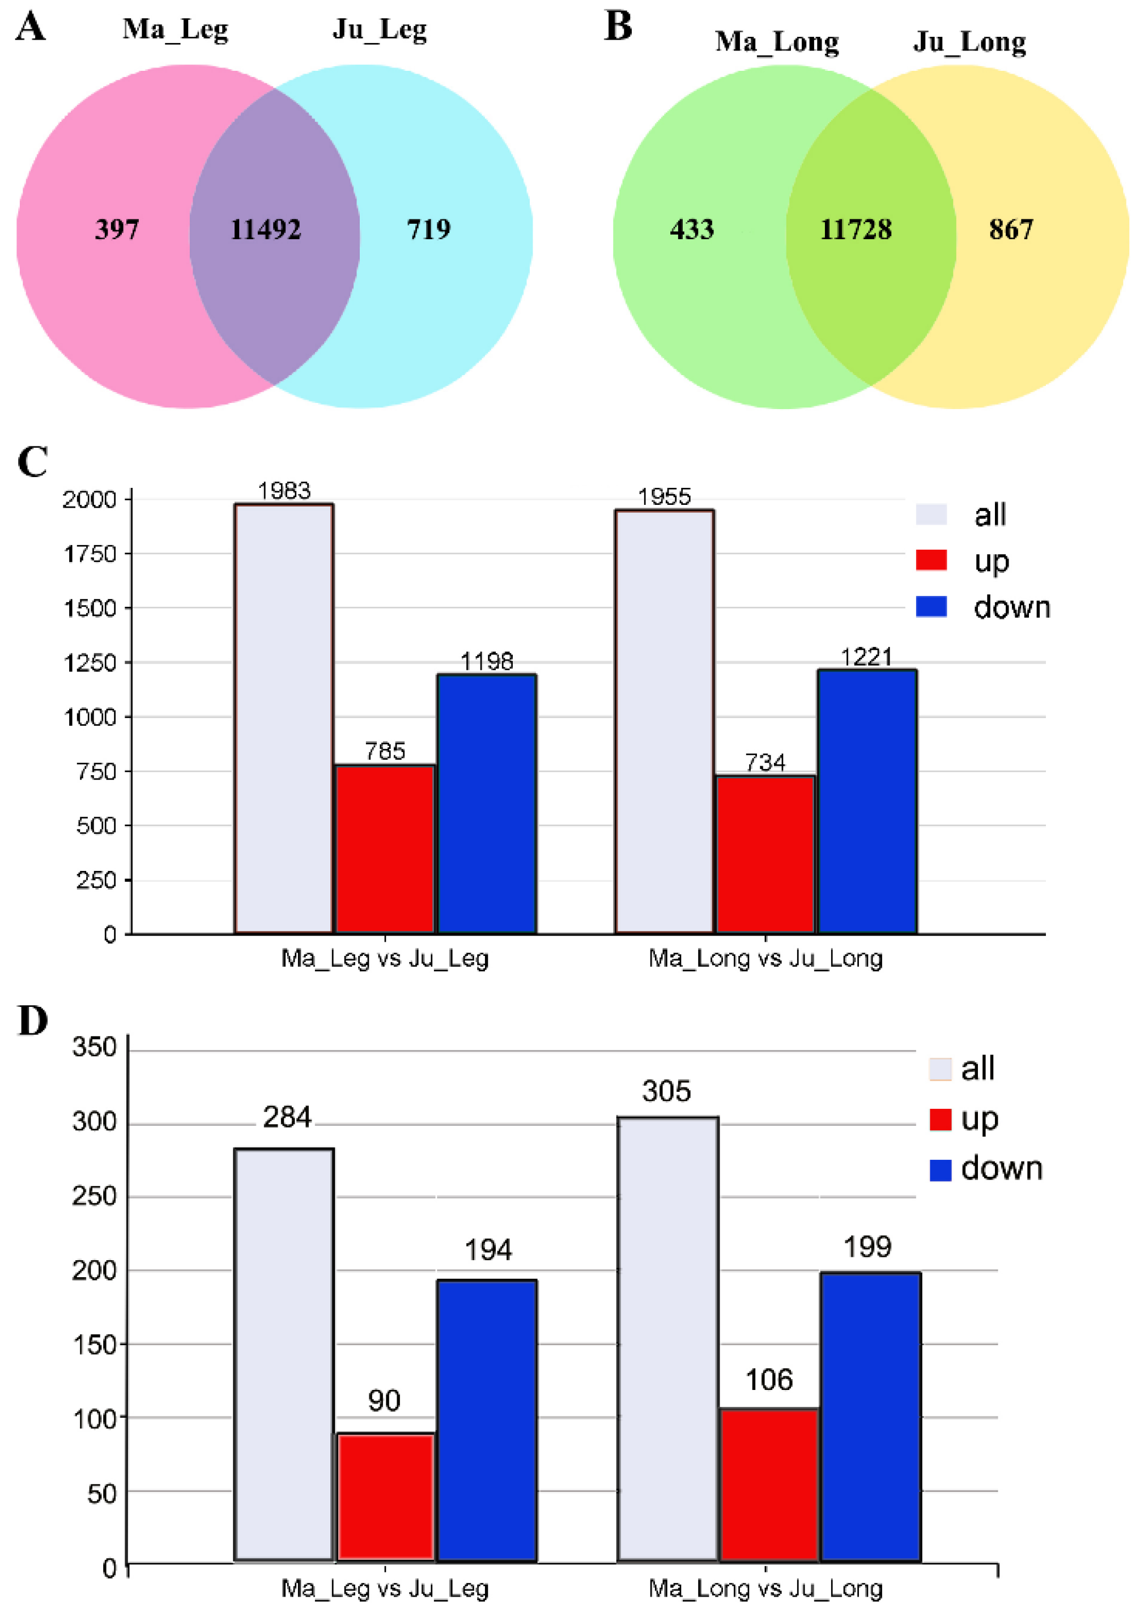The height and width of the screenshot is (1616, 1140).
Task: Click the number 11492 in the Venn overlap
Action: tap(266, 229)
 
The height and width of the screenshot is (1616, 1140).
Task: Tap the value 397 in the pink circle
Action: tap(117, 229)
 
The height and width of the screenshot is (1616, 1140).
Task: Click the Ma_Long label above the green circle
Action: tap(777, 42)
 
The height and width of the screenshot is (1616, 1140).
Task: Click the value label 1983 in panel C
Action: tap(284, 491)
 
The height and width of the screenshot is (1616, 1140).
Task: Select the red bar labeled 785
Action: tap(385, 849)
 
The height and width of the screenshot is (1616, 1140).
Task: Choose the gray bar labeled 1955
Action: tap(664, 721)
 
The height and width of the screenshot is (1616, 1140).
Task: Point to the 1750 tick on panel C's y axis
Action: tap(90, 555)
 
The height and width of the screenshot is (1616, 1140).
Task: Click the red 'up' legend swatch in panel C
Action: tap(930, 560)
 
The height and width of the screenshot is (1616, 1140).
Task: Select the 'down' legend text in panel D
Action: tap(1001, 1168)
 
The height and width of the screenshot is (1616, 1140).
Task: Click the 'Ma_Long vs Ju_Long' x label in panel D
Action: tap(765, 1589)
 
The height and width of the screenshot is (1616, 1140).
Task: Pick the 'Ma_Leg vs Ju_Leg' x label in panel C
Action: tap(385, 959)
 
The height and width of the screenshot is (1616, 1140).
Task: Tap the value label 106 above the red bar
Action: tap(769, 1380)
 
